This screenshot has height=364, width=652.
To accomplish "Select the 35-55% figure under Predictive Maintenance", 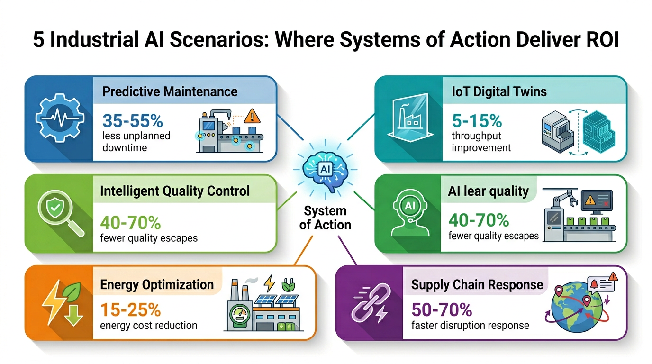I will [x=133, y=121].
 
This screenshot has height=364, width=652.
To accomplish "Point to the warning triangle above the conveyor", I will [x=253, y=116].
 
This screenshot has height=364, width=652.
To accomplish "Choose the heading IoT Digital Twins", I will [x=499, y=91].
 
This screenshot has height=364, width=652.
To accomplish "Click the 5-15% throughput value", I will [x=477, y=121].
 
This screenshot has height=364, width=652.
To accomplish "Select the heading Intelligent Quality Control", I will [x=175, y=191].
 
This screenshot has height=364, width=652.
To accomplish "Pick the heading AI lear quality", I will [x=488, y=191].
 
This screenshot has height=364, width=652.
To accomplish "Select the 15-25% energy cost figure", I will [x=130, y=310].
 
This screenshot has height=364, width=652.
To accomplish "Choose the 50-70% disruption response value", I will [x=442, y=310].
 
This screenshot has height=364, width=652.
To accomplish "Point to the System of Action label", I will [x=325, y=218].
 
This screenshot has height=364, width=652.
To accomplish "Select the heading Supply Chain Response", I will [x=477, y=284].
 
